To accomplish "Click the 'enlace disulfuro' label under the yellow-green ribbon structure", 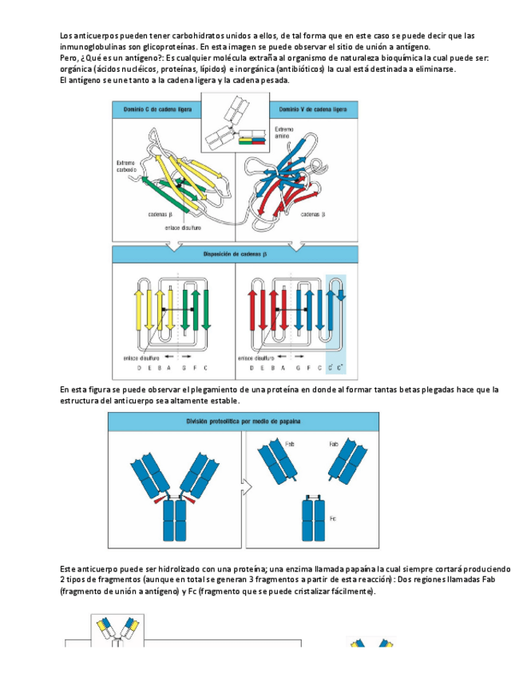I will coord(183,227).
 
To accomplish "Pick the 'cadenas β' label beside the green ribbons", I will coord(160,215).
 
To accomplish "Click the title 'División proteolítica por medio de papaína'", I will coord(244,421).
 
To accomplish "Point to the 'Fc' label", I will coord(332,519).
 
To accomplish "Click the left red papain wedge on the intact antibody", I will coord(162,497).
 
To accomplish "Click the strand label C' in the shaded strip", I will coord(331,368).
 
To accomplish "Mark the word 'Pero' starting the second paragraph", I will coord(69,58).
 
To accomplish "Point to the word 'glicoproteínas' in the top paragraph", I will coord(163,47).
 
